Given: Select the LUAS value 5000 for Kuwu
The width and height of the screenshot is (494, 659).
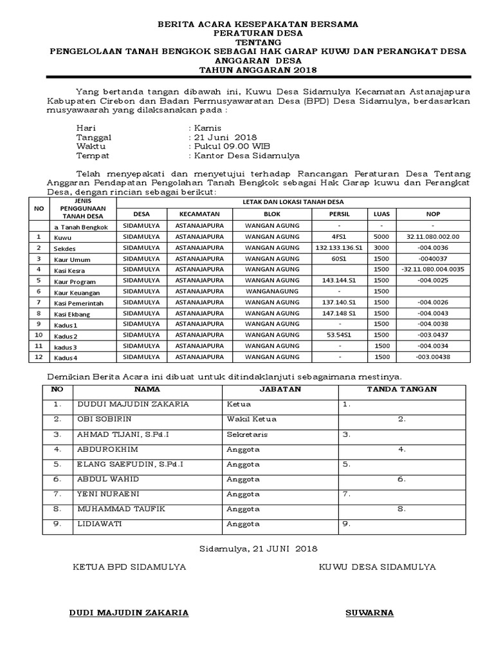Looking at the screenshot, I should coord(381,236).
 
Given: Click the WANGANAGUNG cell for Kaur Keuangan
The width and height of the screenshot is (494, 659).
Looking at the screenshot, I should coord(272,291).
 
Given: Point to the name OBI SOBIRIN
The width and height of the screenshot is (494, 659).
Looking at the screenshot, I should coord(104,419).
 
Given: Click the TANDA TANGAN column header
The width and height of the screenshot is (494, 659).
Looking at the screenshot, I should coord(401,389).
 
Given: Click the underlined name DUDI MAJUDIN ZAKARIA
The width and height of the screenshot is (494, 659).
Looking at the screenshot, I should coord(129,613).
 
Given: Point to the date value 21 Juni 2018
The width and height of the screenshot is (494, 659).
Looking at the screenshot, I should coord(223,138).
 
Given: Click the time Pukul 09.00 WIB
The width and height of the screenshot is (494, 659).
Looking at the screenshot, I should coord(226,147).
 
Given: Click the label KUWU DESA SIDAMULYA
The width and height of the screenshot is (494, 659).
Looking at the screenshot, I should coord(376,567).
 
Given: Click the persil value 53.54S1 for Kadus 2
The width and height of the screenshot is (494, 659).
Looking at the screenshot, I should coord(339,335).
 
